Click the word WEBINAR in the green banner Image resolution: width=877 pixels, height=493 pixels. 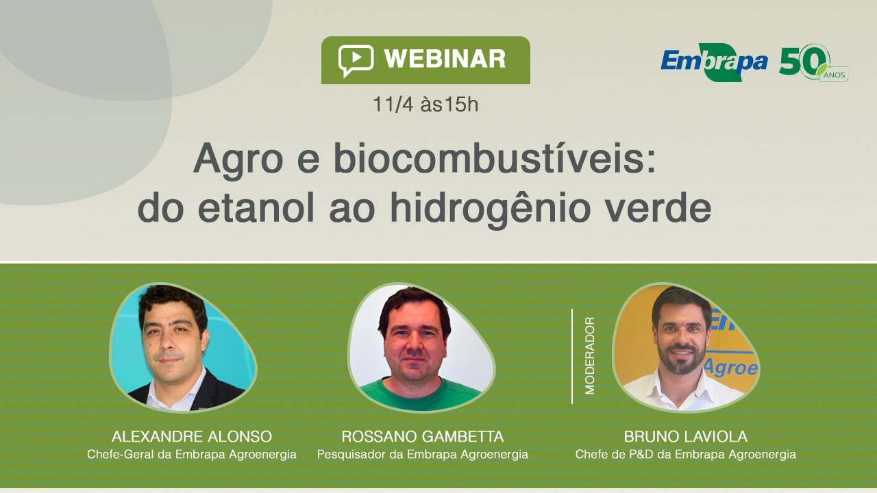tap(445, 59)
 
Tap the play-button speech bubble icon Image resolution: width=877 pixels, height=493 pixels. tap(356, 60)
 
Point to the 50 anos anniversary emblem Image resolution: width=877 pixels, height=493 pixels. tap(813, 63)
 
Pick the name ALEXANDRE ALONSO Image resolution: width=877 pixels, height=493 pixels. tap(191, 437)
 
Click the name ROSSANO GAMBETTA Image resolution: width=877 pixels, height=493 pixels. tap(422, 437)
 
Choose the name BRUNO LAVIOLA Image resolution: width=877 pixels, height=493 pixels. tap(685, 437)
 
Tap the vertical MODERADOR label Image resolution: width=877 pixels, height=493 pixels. tap(590, 355)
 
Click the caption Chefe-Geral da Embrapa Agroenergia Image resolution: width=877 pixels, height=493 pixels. tap(191, 454)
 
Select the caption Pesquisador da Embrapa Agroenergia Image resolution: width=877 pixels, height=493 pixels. tap(422, 454)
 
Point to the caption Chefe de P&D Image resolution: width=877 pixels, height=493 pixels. tap(685, 454)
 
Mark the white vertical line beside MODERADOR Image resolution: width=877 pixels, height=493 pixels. tap(572, 356)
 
